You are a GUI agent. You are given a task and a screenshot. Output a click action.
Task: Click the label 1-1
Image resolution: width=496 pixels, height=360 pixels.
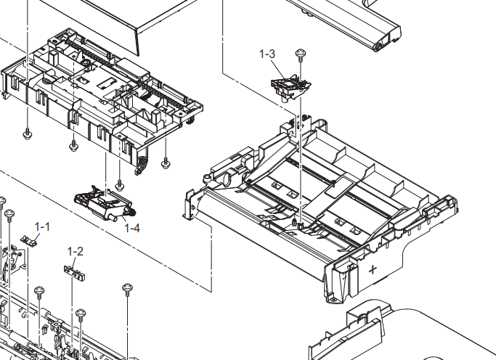(x=42, y=226)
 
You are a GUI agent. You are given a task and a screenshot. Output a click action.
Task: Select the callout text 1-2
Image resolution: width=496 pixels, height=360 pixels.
(x=76, y=251)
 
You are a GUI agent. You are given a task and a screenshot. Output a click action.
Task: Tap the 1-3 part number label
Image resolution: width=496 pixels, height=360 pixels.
(x=267, y=54)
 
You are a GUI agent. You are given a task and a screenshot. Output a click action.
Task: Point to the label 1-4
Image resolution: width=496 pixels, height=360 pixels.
(x=132, y=228)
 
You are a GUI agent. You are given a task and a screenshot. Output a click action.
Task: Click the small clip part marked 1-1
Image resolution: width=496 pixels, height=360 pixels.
(x=30, y=240)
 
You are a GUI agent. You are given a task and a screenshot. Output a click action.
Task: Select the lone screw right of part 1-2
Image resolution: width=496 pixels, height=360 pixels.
(x=128, y=289)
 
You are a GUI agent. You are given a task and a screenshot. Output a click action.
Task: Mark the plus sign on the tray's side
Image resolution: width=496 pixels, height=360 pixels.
(x=373, y=271)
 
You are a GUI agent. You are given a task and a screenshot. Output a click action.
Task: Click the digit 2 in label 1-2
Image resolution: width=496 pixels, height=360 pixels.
(x=80, y=251)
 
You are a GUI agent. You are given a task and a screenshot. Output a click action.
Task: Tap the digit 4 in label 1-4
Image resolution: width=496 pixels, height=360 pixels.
(x=137, y=228)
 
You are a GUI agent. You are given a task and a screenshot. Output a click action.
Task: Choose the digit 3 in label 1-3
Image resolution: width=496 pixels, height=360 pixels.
(x=272, y=54)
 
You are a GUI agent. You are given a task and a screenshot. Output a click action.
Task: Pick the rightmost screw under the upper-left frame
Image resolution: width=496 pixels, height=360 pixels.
(x=166, y=162)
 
